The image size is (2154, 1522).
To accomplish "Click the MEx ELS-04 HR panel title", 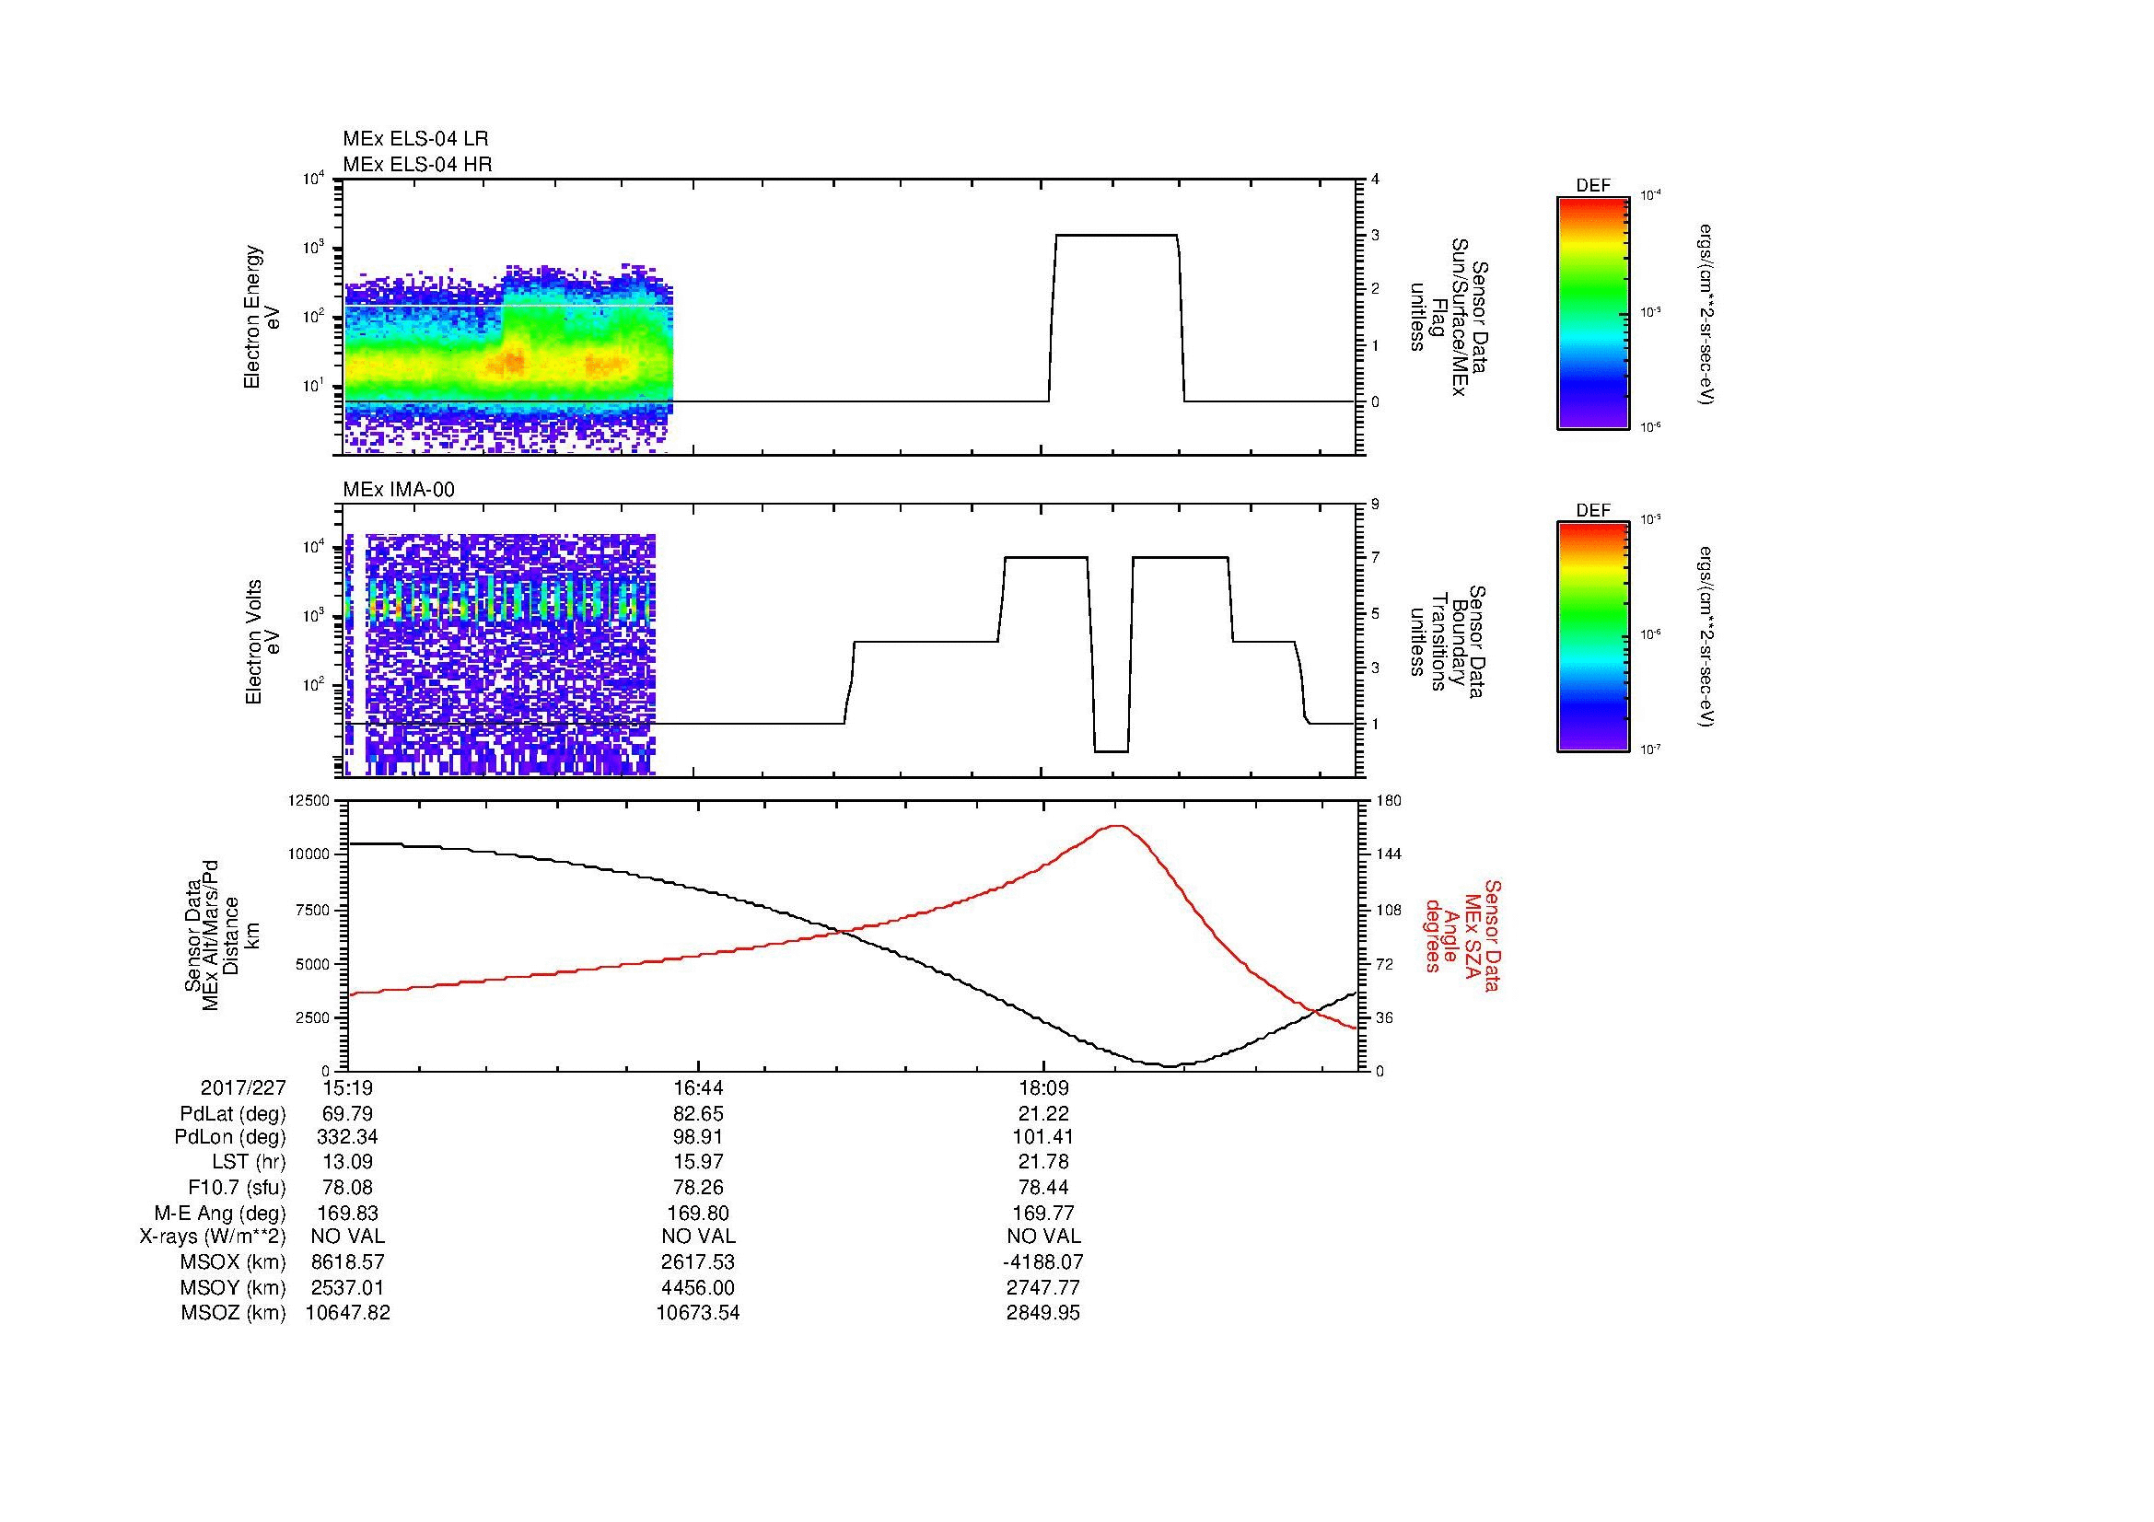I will (x=417, y=164).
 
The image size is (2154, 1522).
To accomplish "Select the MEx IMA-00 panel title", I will (x=399, y=490).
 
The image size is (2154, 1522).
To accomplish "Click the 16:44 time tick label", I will (x=697, y=1087).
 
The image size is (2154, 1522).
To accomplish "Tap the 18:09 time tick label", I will (x=1043, y=1087).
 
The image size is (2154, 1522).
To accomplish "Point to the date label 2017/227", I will (x=243, y=1087).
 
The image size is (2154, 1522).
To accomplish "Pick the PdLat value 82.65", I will (x=697, y=1114).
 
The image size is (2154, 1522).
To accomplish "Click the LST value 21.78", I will (x=1043, y=1162).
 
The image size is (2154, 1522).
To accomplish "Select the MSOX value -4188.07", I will (x=1043, y=1262).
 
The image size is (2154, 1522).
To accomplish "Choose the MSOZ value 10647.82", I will (x=347, y=1313).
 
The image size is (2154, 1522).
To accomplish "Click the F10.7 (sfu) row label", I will (x=237, y=1187).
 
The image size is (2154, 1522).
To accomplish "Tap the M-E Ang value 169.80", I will (x=697, y=1213).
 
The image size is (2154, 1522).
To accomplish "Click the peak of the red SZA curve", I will (x=1116, y=826).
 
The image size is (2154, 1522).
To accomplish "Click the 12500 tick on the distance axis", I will (x=309, y=801).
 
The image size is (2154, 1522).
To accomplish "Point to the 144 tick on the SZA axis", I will (x=1388, y=854).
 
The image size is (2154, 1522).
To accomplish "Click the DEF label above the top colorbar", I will (x=1592, y=186).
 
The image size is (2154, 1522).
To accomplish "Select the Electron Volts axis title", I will (x=253, y=642).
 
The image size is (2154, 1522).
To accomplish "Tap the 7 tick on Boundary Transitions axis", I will (x=1375, y=558).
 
